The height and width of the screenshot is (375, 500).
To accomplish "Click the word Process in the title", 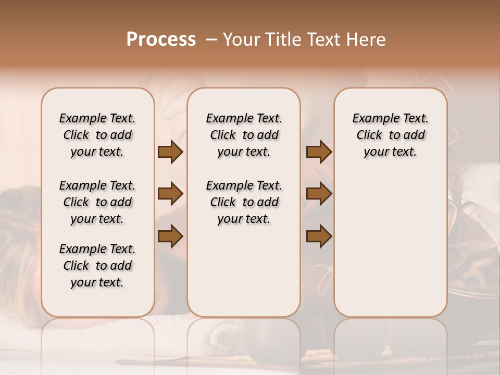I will click(161, 40).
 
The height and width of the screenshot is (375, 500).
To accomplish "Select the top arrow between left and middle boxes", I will click(170, 152).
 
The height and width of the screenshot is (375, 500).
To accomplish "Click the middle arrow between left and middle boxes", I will click(170, 194).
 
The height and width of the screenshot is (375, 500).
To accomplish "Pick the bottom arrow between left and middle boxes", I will click(170, 236).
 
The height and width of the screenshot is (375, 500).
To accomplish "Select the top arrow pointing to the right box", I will click(319, 152).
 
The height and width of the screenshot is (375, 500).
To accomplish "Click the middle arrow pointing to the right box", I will click(319, 194).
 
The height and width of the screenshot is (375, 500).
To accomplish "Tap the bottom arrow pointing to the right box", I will click(319, 236).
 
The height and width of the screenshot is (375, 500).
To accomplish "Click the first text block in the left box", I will click(97, 135).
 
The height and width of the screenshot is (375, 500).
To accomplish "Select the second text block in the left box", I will click(97, 202).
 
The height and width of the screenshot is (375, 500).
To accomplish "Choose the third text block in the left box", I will click(97, 266).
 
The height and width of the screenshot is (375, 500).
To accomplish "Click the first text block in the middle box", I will click(244, 135).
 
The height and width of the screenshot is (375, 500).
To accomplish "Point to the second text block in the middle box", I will click(244, 202).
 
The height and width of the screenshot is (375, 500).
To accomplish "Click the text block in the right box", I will click(391, 135).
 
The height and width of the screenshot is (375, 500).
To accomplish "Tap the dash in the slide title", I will click(211, 40).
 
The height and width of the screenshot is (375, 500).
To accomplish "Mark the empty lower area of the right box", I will click(391, 240).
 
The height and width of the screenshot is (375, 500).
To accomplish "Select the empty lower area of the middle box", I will click(244, 271).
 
